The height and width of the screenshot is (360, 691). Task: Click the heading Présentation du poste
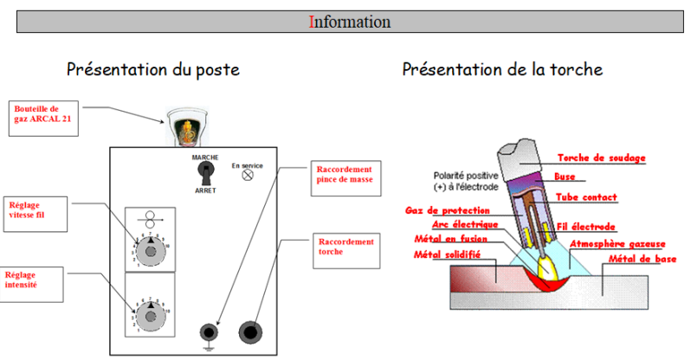point(152,68)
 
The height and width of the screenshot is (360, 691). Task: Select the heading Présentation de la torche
point(502,68)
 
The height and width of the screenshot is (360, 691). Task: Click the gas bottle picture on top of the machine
point(189,126)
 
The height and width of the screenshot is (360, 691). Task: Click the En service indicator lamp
point(247,176)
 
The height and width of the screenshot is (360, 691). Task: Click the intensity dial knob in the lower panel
point(152,316)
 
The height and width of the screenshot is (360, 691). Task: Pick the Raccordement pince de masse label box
point(345,175)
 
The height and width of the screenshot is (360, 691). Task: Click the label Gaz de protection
point(447,210)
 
